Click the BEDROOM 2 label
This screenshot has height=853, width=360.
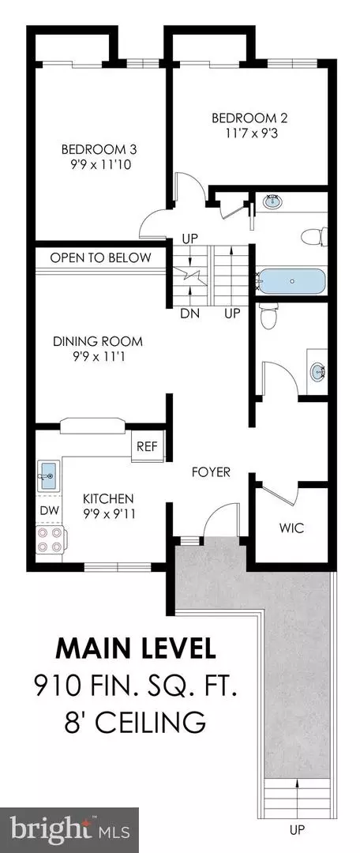coord(249,118)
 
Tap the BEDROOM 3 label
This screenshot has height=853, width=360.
coord(99,149)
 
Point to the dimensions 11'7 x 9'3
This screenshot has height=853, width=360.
coord(249,133)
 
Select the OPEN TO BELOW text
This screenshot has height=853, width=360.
coord(100,257)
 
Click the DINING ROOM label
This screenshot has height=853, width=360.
coord(98,342)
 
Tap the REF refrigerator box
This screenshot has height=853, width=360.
coord(147,446)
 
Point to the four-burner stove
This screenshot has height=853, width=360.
coord(51,540)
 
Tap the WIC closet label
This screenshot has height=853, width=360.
coord(291,528)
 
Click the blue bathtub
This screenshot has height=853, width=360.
coord(292,281)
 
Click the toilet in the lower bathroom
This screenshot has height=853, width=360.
coord(269,316)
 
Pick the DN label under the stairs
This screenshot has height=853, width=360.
coord(190,314)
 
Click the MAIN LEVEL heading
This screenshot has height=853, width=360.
coord(136,648)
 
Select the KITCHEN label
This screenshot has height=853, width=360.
coord(107,498)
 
